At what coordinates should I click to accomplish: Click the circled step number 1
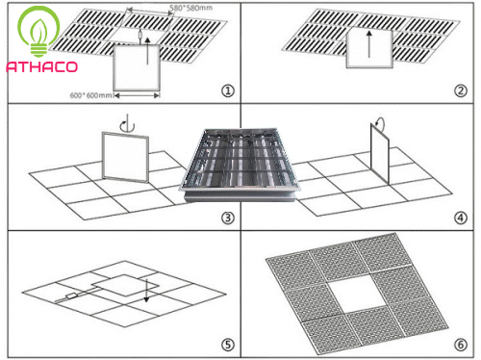tap(228, 91)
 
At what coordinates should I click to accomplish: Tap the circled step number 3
tap(228, 218)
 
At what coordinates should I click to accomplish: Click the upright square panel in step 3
tap(116, 159)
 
